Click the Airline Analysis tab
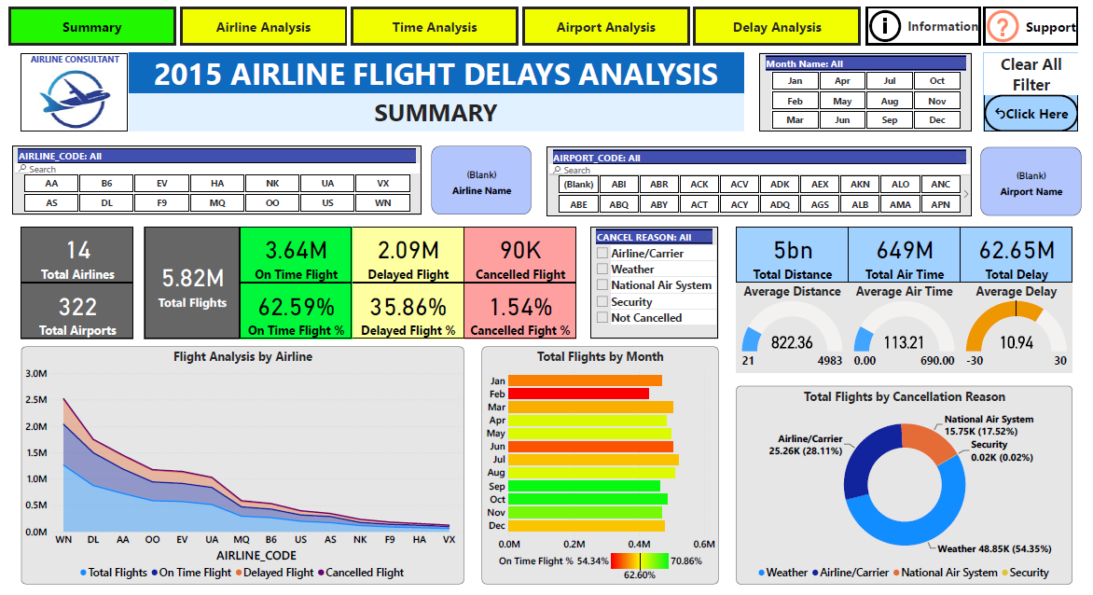(264, 27)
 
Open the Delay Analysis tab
(777, 27)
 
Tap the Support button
(1031, 27)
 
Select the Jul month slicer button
(890, 81)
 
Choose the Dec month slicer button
(937, 119)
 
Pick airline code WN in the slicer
(382, 202)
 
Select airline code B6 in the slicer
(106, 183)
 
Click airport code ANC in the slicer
(940, 184)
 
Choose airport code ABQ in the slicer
(619, 204)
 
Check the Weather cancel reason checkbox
(603, 270)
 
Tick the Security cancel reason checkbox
(603, 301)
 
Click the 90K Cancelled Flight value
(520, 250)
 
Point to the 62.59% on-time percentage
(297, 307)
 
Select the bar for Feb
(578, 394)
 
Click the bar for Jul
(593, 460)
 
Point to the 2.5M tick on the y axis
(36, 400)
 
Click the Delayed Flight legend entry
(274, 573)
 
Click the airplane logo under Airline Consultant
(75, 99)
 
